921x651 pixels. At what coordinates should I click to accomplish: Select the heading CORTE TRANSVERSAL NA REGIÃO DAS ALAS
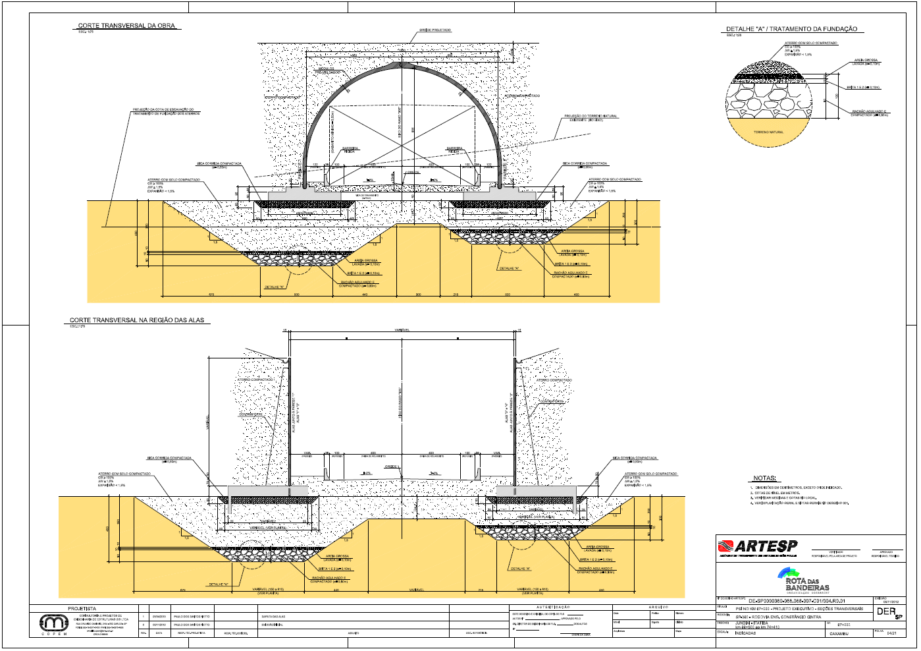(x=137, y=320)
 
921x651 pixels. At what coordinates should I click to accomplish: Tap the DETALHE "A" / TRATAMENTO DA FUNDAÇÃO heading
(x=791, y=29)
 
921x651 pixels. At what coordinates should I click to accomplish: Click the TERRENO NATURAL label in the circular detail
(x=768, y=132)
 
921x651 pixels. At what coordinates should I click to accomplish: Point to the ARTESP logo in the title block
(x=758, y=546)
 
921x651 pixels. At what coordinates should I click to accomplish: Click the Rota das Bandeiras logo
(x=805, y=580)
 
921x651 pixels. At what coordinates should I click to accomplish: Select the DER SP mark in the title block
(x=888, y=612)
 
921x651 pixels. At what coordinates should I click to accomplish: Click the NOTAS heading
(x=764, y=478)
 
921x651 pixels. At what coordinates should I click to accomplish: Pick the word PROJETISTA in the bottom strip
(x=82, y=608)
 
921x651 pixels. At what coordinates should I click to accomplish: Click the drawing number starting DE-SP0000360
(x=797, y=601)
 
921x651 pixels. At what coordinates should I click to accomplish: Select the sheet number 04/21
(x=892, y=633)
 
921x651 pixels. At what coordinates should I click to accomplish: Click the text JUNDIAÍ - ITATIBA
(x=751, y=623)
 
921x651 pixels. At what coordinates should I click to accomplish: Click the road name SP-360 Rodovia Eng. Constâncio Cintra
(x=778, y=617)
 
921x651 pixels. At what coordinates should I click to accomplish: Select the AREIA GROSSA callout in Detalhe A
(x=866, y=61)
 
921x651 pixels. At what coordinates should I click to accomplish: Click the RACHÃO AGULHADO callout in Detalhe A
(x=870, y=113)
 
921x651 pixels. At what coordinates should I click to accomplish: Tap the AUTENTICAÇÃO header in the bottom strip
(x=554, y=607)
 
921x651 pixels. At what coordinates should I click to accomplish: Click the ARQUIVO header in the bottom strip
(x=658, y=607)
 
